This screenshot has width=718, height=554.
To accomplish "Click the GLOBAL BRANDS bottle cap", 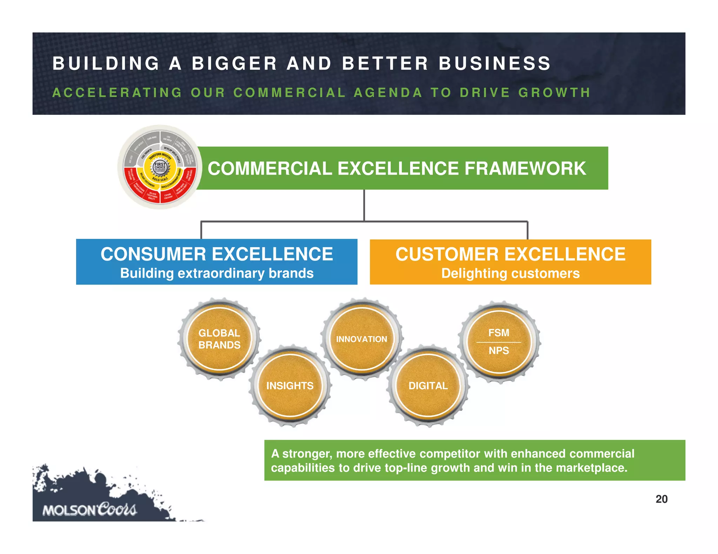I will (219, 339).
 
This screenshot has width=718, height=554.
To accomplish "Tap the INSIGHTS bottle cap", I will (290, 386).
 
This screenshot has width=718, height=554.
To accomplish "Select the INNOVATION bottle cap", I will (361, 339).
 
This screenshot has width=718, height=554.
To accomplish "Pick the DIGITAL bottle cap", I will (428, 386).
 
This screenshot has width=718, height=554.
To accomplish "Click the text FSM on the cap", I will (499, 333).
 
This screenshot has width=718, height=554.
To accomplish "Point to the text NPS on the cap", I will (499, 351).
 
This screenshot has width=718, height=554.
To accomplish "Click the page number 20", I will (661, 499).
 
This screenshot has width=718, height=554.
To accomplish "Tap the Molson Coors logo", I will (89, 510).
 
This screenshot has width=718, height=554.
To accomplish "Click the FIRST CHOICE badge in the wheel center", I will (160, 167).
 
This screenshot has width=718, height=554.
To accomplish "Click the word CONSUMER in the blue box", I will (153, 254).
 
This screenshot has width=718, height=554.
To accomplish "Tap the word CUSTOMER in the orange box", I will (447, 254).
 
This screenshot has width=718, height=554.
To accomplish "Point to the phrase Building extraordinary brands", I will (217, 273).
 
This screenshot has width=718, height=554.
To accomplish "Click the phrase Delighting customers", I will (510, 273).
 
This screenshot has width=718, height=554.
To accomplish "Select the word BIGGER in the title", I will (235, 64).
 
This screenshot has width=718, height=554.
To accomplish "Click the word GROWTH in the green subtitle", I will (555, 92).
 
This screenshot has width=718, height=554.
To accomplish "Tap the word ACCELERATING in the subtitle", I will (117, 92).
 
